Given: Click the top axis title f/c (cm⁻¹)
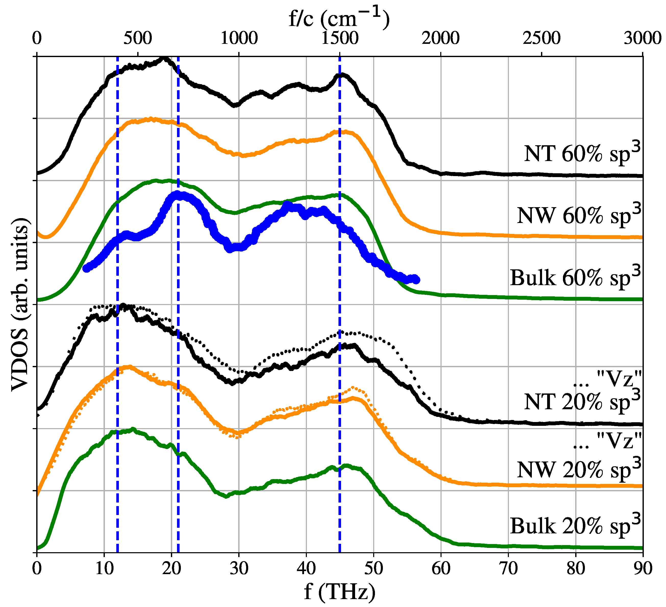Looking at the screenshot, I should tap(339, 18).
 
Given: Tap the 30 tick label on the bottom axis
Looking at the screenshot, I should tap(238, 568).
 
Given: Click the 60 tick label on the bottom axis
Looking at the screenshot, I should tap(441, 568).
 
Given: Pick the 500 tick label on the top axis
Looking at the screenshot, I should tap(138, 38).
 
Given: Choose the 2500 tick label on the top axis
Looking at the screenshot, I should tap(542, 38).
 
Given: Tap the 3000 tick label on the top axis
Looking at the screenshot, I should tap(642, 38).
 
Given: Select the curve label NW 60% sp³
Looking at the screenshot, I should tap(579, 215).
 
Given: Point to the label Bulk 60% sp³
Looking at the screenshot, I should tap(575, 276).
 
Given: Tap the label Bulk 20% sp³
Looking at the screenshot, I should tap(575, 525).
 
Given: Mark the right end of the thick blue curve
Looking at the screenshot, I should tap(416, 280).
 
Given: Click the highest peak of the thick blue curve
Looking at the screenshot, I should tap(177, 195).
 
